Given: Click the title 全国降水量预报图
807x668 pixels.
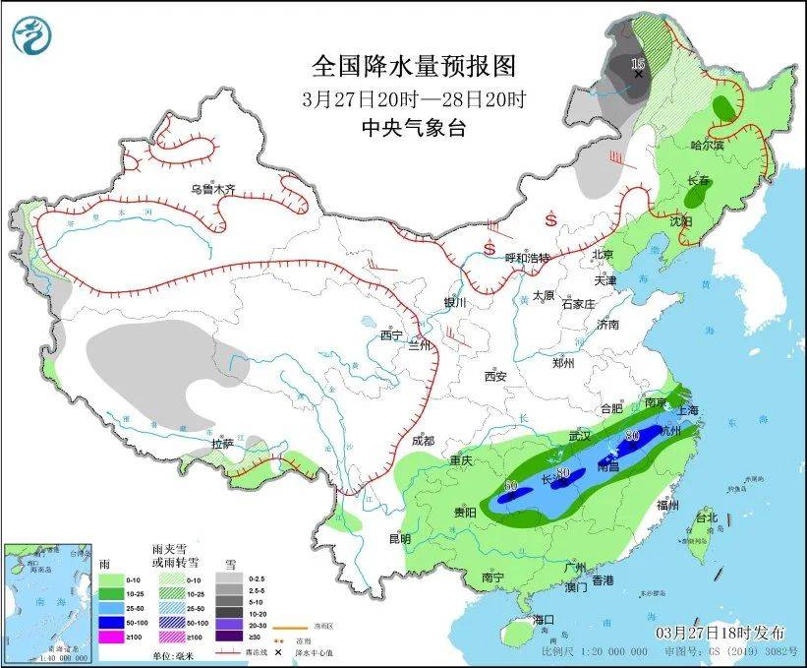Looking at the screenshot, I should [413, 67].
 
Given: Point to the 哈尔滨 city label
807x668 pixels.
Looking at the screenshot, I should [706, 146].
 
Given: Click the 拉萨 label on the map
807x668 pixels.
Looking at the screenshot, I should [224, 445].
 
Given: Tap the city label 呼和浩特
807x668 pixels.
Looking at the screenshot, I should [528, 258].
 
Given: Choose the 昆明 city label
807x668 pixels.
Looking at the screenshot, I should [399, 538].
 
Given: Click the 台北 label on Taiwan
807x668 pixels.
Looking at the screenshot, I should [706, 516].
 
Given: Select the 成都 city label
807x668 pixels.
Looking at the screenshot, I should [424, 441].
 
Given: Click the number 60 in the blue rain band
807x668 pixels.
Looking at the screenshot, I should [510, 485].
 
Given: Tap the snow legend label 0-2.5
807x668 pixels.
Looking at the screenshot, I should [257, 578].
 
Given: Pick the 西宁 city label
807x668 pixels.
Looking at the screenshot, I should [391, 335].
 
